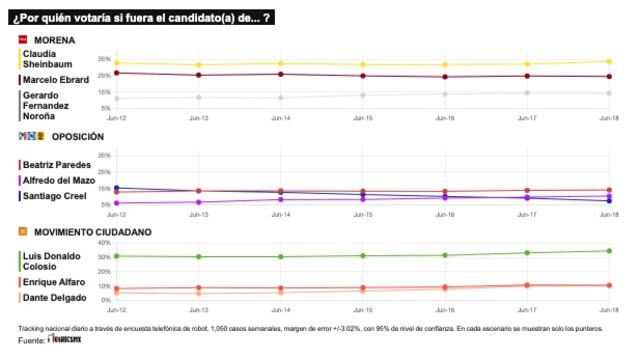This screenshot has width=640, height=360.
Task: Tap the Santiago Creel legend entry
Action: (x=55, y=196)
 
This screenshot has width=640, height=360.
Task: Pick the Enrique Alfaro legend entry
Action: (x=55, y=283)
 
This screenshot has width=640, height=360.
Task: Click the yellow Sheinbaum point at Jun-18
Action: (x=609, y=61)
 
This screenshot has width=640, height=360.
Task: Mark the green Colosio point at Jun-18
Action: (x=609, y=251)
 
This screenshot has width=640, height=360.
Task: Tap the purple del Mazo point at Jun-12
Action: (x=117, y=203)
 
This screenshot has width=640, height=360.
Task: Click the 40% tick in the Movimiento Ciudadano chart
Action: (x=103, y=243)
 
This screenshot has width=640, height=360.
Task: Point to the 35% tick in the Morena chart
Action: (x=104, y=59)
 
